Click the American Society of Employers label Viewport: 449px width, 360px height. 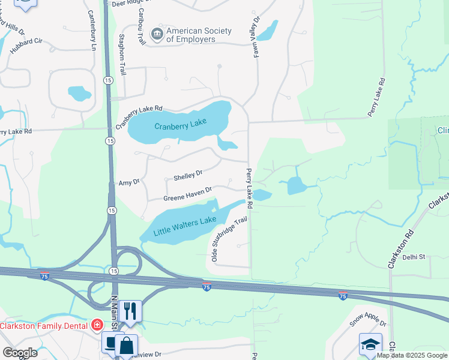(x=191, y=35)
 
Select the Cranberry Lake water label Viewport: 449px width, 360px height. (x=180, y=125)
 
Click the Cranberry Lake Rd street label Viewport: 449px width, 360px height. (x=139, y=118)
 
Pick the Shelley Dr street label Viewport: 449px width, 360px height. (x=188, y=176)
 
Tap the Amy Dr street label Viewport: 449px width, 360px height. (x=129, y=182)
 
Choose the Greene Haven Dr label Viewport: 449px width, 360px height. (x=188, y=194)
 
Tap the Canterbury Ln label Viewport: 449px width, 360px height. (x=94, y=30)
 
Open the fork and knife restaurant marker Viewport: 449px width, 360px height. (x=130, y=311)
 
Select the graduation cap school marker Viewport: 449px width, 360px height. (x=370, y=344)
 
